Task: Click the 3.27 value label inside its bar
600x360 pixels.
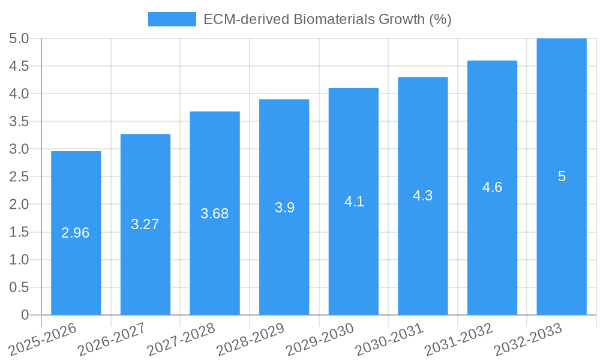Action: coord(145,224)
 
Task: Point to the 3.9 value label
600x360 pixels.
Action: coord(284,208)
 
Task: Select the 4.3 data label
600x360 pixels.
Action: coord(423,196)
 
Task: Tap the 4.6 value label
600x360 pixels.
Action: coord(492,187)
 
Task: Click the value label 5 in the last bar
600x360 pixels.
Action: coord(562,176)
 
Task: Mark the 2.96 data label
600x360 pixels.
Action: coord(76,233)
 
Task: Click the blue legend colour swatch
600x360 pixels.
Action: coord(172,19)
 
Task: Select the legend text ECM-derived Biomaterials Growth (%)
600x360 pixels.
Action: coord(327,19)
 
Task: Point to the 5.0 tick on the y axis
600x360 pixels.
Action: coord(19,39)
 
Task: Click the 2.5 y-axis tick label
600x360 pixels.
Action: coord(19,177)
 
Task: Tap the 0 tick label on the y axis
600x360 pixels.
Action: coord(25,315)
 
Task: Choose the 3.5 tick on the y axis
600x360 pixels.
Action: coord(19,122)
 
